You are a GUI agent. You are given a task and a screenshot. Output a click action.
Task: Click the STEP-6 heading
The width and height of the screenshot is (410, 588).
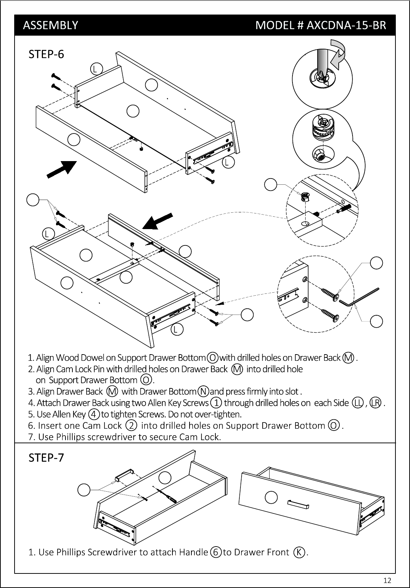46,54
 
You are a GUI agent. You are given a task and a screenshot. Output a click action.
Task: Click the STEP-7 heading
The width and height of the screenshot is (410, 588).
46,457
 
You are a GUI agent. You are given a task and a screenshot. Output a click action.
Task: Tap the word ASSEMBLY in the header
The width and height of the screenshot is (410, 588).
51,25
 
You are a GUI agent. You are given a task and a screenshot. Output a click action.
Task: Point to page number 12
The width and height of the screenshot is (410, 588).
387,580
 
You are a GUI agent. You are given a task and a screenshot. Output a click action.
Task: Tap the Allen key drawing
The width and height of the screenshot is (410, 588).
359,297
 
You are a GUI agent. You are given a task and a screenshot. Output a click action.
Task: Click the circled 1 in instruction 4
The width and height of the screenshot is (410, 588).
216,403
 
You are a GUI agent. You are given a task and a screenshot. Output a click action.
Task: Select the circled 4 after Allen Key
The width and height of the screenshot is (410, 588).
93,414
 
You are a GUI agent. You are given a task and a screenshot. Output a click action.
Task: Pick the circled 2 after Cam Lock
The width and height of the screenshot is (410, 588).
131,425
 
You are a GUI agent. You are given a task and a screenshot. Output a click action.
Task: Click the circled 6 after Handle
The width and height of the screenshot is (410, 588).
216,552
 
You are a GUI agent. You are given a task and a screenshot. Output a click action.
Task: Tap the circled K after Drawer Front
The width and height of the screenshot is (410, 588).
299,552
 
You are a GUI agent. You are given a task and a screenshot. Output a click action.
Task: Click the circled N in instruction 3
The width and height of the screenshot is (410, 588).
203,392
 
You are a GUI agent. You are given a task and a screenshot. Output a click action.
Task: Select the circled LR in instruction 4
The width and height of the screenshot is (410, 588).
375,403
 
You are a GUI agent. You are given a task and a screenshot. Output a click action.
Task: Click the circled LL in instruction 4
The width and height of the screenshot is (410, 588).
358,403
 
